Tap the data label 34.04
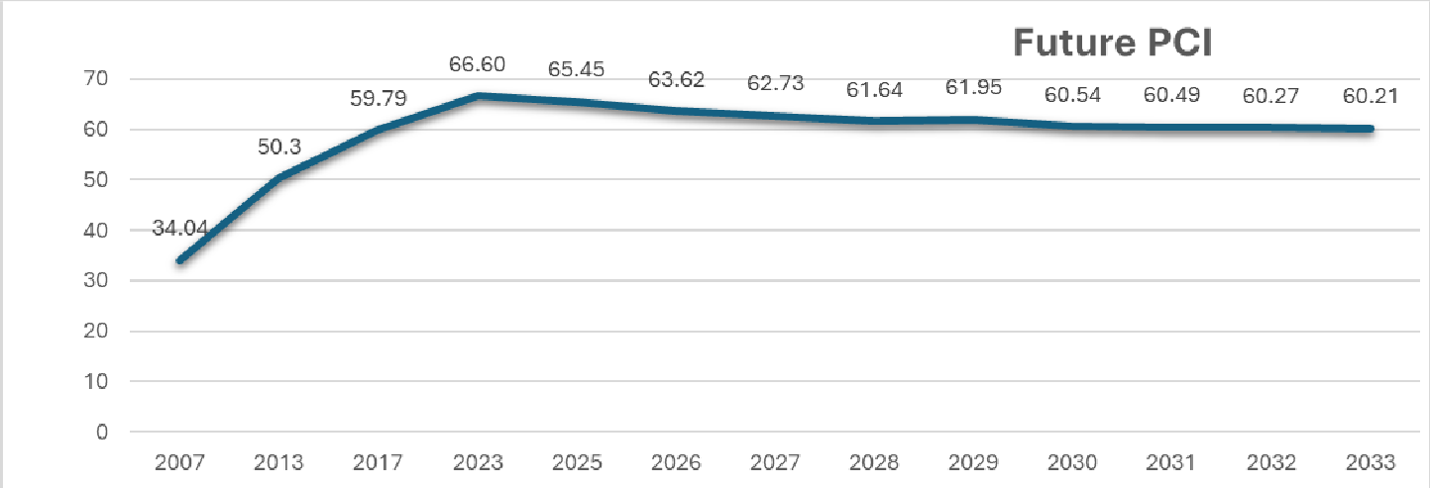(179, 228)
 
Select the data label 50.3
(279, 146)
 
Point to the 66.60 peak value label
(477, 65)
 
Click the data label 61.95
(973, 90)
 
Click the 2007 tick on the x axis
(179, 462)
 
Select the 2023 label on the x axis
(478, 462)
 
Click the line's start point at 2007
(179, 261)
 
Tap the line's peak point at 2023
(478, 96)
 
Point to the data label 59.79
(379, 99)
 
